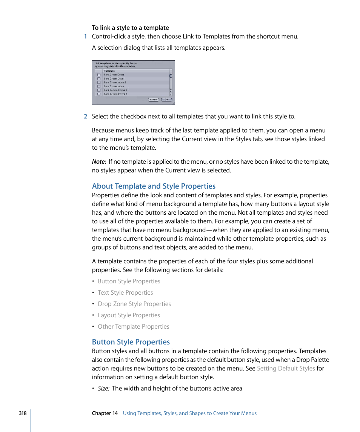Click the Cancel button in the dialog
coord(153,100)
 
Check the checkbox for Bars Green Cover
coord(99,75)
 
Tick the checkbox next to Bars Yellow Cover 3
coord(99,94)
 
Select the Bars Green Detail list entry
coord(114,78)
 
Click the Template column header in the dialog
coord(109,71)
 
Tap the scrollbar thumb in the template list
coord(171,75)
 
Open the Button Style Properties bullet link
coord(129,281)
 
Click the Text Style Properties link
coord(125,293)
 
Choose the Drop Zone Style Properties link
coord(134,304)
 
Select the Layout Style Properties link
coord(129,315)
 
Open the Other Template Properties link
coord(133,327)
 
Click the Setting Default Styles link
coord(286,369)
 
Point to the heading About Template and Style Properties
coord(154,186)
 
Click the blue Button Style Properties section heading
coord(131,342)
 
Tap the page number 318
coord(23,413)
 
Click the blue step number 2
coord(85,116)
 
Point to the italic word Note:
coord(99,161)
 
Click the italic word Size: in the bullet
coord(104,389)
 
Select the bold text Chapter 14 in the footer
coord(105,413)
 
